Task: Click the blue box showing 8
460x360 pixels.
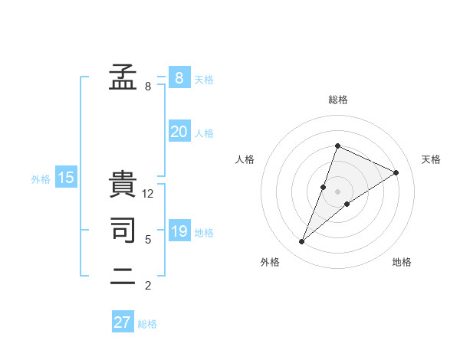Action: tap(179, 77)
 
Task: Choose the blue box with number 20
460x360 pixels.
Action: tap(179, 132)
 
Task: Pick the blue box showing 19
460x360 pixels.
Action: tap(179, 231)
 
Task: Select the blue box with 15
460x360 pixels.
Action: tap(66, 178)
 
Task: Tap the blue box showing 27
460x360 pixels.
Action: tap(123, 322)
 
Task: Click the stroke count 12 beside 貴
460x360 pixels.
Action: tap(148, 195)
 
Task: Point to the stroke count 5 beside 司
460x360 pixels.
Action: tap(148, 240)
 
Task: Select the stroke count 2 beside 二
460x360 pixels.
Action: tap(148, 286)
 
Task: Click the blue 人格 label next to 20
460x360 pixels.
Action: tap(204, 133)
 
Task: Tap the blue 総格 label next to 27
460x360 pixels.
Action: tap(147, 324)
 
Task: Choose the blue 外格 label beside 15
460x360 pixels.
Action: tap(41, 179)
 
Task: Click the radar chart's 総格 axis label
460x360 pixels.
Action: tap(337, 100)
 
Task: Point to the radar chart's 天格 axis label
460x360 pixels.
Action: tap(431, 159)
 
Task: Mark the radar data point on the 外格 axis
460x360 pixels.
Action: tap(302, 242)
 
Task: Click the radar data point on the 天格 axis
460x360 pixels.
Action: tap(396, 172)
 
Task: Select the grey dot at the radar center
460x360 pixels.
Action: tap(337, 191)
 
